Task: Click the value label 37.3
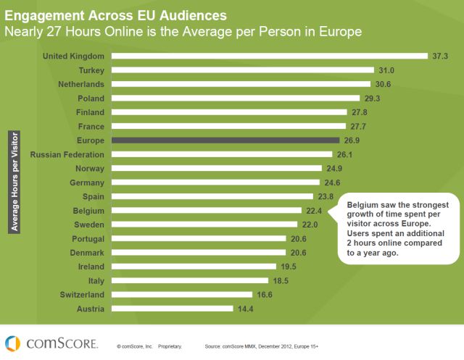pyautogui.click(x=441, y=56)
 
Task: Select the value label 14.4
pyautogui.click(x=245, y=308)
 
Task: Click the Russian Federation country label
pyautogui.click(x=68, y=154)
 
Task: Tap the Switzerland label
pyautogui.click(x=80, y=294)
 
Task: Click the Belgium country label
pyautogui.click(x=87, y=210)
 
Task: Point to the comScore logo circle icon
pyautogui.click(x=13, y=343)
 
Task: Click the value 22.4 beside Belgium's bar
pyautogui.click(x=313, y=210)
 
